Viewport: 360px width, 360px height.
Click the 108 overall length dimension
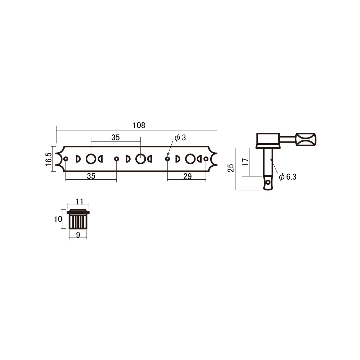point(139,125)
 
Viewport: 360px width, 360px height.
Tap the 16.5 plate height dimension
point(49,159)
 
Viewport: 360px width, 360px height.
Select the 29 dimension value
point(187,176)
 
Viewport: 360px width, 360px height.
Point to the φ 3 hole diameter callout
point(180,138)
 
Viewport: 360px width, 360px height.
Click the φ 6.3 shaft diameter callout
point(288,177)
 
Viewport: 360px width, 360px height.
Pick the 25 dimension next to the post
point(230,168)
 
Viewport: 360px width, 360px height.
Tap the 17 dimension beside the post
point(245,162)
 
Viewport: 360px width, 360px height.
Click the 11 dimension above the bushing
point(80,202)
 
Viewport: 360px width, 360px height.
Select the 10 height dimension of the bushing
point(58,219)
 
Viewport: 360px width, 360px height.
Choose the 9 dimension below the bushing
point(78,235)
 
